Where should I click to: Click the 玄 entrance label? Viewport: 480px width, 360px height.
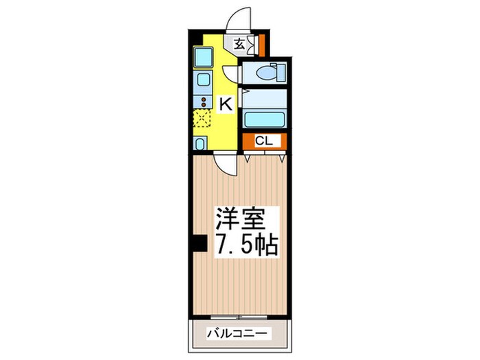pos(239,45)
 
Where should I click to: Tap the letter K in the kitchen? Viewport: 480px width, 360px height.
pos(225,104)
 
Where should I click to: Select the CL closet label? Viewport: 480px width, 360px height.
pos(264,141)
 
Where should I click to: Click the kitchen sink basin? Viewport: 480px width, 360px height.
pos(203,82)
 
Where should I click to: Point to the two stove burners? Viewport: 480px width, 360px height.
pos(203,102)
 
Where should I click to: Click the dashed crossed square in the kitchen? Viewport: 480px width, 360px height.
pos(203,119)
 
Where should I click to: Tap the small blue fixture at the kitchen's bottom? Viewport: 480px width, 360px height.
pos(200,143)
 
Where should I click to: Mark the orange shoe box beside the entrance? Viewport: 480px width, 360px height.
pos(261,45)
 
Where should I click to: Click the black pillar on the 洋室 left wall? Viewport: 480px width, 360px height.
pos(200,243)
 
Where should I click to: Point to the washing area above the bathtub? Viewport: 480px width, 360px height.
pos(264,97)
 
